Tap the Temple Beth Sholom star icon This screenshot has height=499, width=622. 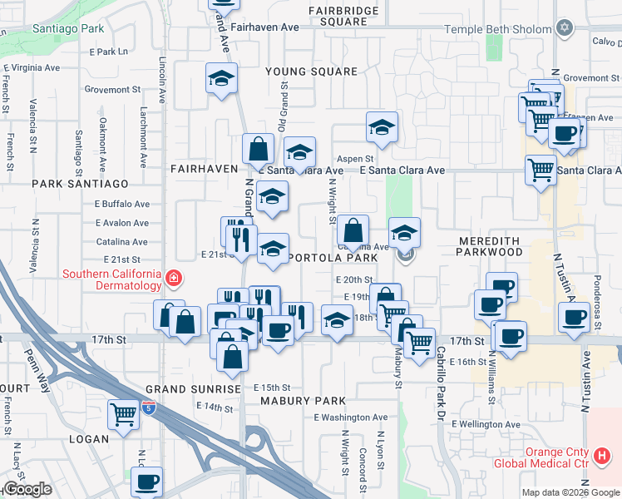(565, 28)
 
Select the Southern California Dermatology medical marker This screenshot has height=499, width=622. (174, 278)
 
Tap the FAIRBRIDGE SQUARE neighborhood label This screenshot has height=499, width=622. (343, 16)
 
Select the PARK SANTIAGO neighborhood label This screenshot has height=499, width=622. (81, 183)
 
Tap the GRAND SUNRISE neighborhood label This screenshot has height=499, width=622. (193, 388)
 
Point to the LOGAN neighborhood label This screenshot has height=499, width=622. (89, 438)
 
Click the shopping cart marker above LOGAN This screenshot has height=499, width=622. (124, 413)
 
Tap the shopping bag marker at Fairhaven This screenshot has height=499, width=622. (259, 149)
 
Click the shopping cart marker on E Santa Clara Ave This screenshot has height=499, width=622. (541, 169)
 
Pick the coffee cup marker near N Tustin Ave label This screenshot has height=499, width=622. (573, 316)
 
